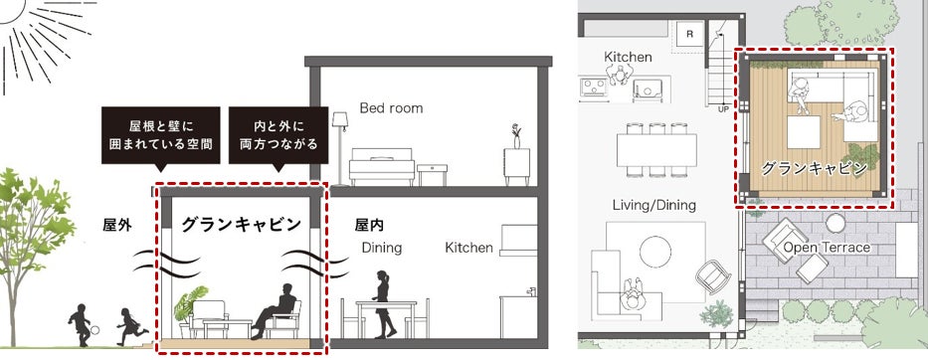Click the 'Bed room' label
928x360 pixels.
click(x=391, y=108)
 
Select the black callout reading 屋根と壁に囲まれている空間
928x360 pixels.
click(x=161, y=135)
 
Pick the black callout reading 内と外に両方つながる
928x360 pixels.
click(x=278, y=135)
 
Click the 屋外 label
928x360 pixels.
click(x=117, y=225)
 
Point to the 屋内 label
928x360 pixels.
click(x=369, y=225)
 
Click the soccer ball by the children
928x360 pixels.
click(x=94, y=330)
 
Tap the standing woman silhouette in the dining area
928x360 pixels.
click(x=382, y=304)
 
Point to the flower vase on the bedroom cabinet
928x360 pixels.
click(x=516, y=136)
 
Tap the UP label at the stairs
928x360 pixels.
click(x=723, y=109)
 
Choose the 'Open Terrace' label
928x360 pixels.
click(x=828, y=247)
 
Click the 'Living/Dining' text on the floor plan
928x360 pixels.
click(x=654, y=206)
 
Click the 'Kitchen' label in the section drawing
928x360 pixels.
click(x=468, y=248)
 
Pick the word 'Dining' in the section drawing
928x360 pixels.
click(x=382, y=248)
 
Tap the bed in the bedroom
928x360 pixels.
click(x=382, y=166)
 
